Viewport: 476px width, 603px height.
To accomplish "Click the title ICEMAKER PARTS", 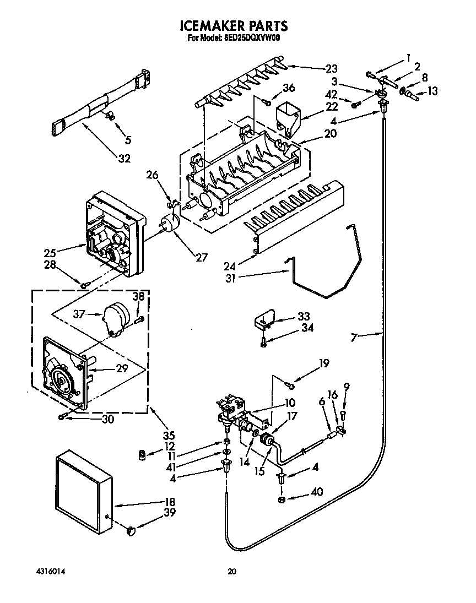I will pos(234,25).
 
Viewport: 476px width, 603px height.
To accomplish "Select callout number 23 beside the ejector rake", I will pos(331,69).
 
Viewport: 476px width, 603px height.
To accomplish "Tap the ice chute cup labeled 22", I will pos(288,116).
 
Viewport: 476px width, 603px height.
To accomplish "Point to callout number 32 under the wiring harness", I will pos(125,159).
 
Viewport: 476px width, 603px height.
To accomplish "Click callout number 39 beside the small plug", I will pos(170,513).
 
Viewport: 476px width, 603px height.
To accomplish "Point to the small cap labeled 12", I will pos(142,454).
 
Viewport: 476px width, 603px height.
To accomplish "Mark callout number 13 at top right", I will pos(432,91).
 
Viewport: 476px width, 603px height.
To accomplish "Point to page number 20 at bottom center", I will pos(232,572).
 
